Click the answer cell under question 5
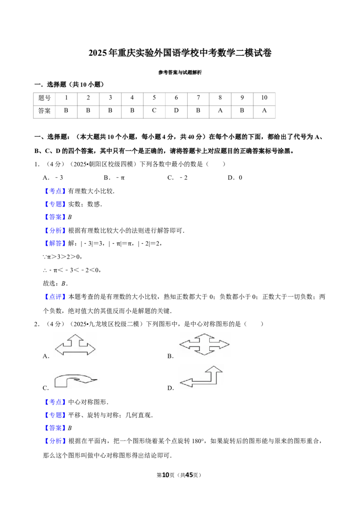[x=154, y=111]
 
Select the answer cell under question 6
[x=176, y=111]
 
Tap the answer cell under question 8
[x=220, y=111]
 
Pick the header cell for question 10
[x=264, y=98]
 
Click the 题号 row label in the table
[x=44, y=98]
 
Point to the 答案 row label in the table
[x=44, y=111]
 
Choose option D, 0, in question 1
[x=235, y=178]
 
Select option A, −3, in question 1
[x=53, y=178]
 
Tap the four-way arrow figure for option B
[x=204, y=344]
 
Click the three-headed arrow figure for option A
[x=75, y=345]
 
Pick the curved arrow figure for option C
[x=76, y=380]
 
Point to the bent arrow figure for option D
[x=201, y=376]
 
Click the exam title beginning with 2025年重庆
[x=180, y=53]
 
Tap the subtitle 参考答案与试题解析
[x=180, y=72]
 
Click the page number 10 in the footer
[x=166, y=475]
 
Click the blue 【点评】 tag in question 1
[x=55, y=297]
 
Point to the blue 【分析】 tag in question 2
[x=55, y=441]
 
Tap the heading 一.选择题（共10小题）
[x=70, y=85]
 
